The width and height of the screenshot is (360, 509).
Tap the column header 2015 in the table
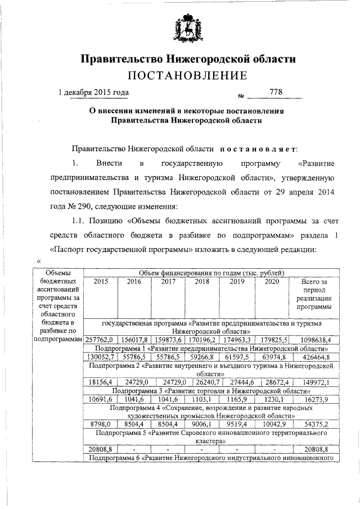(101, 282)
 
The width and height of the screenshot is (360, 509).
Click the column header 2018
(202, 282)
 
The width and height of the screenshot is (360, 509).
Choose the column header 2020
(271, 282)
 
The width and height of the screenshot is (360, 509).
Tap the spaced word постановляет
(258, 148)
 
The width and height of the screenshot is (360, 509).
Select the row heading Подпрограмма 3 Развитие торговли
(209, 390)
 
